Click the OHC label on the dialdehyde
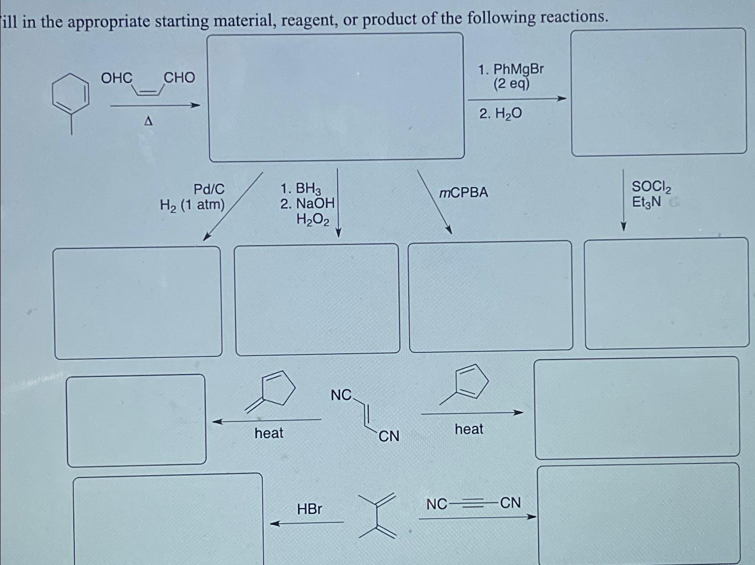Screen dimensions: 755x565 coord(116,78)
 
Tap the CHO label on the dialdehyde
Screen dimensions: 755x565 coord(180,78)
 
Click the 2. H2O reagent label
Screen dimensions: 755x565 coord(500,114)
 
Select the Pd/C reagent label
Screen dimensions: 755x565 coord(209,190)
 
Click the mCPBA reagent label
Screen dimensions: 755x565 coord(463,193)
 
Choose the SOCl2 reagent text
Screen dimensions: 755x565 coord(651,187)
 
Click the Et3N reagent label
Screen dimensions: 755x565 coord(647,203)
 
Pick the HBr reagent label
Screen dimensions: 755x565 coord(309,509)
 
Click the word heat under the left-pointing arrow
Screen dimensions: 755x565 coord(269,433)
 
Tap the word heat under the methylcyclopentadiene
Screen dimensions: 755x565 coord(469,429)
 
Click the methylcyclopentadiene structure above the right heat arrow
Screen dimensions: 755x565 coord(466,383)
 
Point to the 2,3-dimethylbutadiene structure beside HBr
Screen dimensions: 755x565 coord(377,516)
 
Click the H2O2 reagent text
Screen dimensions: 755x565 coord(313,219)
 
